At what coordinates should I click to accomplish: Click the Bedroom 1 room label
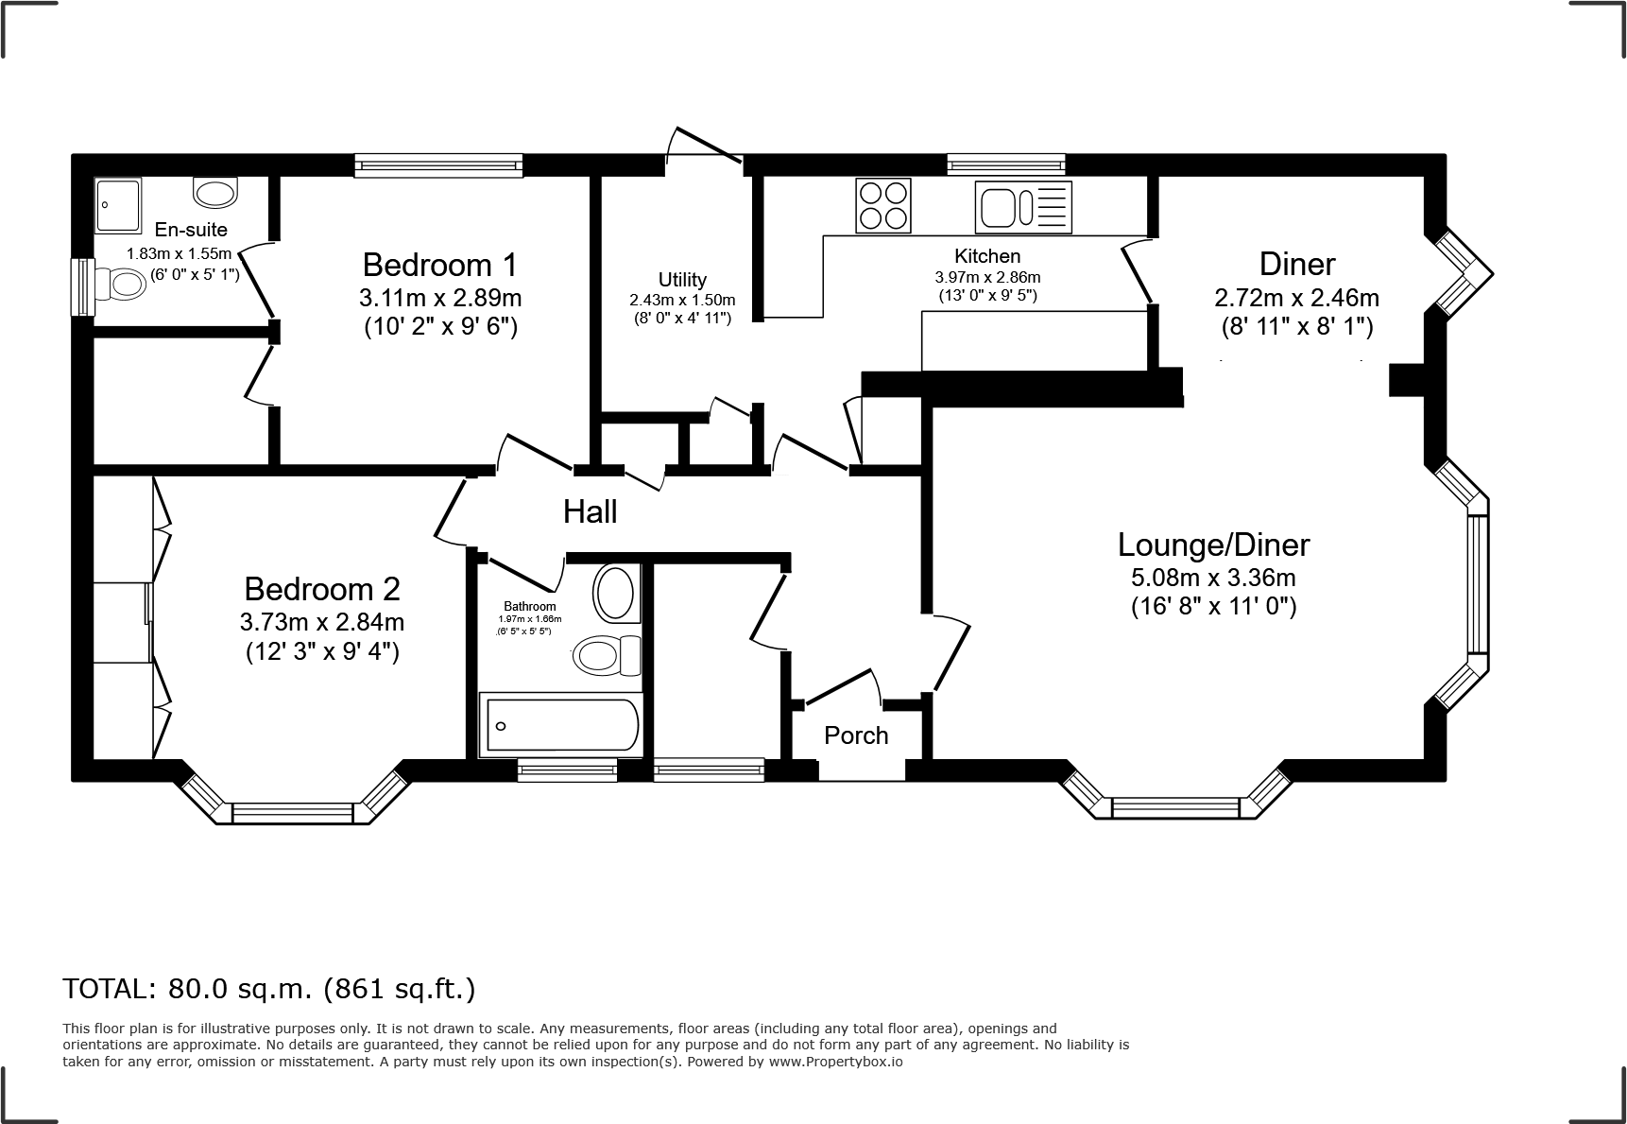point(439,264)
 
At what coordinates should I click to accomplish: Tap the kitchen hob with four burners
point(883,205)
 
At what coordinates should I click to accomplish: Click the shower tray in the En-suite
point(119,205)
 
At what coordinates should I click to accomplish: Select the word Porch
point(856,735)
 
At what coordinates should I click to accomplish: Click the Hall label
point(591,511)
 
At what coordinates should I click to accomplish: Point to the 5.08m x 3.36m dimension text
point(1213,577)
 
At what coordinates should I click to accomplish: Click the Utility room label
point(682,280)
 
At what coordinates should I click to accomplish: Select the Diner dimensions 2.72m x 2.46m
point(1296,298)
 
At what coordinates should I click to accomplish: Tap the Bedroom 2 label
point(322,589)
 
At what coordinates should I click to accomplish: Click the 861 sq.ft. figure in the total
point(399,989)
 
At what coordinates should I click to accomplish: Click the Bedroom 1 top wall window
point(438,166)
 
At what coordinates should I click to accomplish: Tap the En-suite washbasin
point(216,193)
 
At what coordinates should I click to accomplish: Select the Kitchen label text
point(987,255)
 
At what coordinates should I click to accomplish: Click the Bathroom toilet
point(605,654)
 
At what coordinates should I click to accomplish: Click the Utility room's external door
point(704,151)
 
